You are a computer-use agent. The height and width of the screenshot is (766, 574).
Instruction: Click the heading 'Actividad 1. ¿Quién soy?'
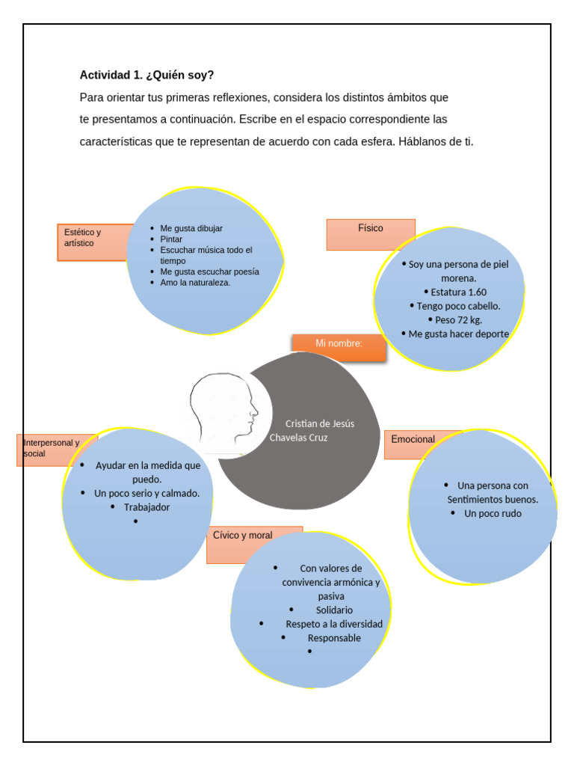point(146,75)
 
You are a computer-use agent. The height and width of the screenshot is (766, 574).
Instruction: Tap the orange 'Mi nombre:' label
point(339,344)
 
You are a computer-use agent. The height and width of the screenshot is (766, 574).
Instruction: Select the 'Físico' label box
point(371,229)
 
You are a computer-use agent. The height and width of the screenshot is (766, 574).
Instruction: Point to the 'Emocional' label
point(413,439)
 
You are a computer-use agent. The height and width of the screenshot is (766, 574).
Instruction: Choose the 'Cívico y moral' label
point(243,536)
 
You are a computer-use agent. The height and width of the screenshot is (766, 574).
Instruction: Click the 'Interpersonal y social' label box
point(51,447)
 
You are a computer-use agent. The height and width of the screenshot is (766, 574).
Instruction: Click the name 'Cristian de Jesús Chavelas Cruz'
point(312,430)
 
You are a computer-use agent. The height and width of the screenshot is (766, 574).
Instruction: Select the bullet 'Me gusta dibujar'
point(191,228)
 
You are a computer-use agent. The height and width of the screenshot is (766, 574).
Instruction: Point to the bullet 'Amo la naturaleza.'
point(195,283)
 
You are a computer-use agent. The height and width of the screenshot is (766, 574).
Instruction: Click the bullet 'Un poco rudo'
point(493,513)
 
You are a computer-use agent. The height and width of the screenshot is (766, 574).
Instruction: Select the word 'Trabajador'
point(146,507)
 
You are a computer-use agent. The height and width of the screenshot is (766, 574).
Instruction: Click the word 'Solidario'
point(334,610)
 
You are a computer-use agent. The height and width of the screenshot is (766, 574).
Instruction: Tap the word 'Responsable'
point(334,638)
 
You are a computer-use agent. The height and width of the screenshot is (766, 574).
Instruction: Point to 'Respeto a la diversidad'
point(334,624)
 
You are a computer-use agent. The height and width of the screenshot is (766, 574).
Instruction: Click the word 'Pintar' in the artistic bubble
point(171,239)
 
